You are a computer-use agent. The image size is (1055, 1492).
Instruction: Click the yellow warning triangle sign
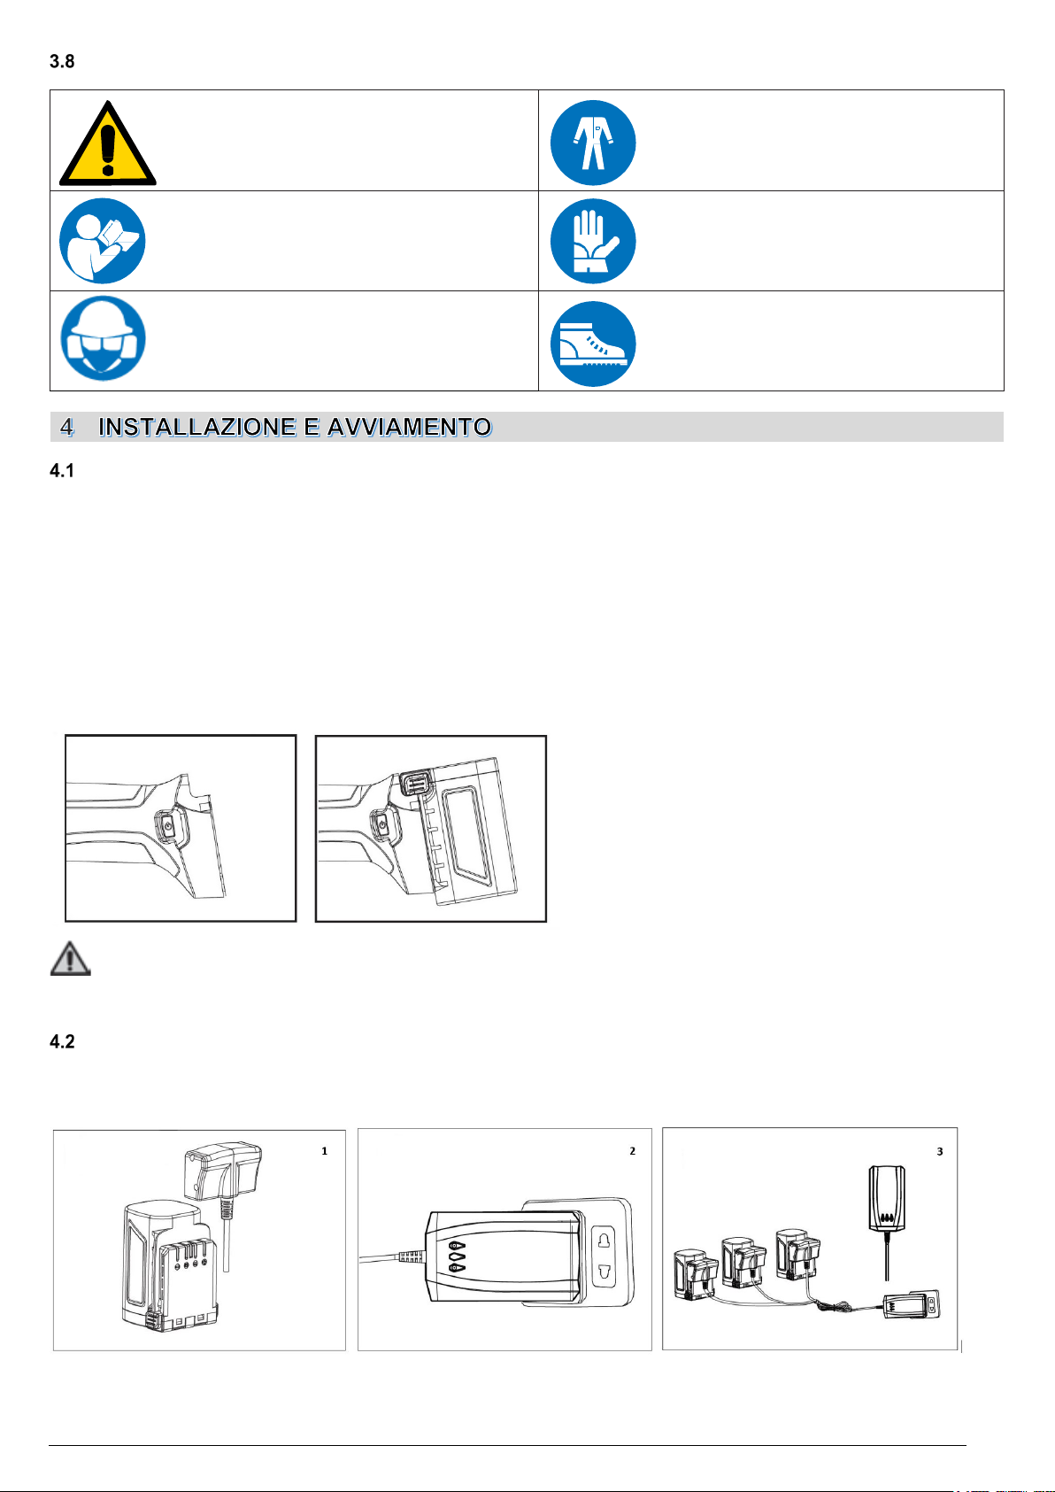click(x=108, y=143)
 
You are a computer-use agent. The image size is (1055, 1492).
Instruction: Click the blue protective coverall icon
click(x=592, y=143)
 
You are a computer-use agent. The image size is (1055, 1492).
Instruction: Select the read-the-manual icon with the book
click(x=103, y=241)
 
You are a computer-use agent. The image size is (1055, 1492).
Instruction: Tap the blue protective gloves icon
click(x=592, y=241)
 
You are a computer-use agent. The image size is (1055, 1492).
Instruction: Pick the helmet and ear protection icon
click(x=103, y=338)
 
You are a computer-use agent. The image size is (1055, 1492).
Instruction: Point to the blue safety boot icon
click(x=592, y=344)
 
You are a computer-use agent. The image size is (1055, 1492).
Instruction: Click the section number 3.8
click(x=62, y=61)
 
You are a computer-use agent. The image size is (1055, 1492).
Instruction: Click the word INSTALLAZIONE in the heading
click(x=197, y=427)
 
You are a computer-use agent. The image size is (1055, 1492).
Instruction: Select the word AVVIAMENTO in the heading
click(x=410, y=427)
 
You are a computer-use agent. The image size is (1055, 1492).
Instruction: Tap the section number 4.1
click(x=62, y=471)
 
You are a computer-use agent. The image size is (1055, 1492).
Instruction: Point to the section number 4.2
click(x=62, y=1041)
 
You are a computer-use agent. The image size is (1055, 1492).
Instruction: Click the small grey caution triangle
click(x=70, y=958)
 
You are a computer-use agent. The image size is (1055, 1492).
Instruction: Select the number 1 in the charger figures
click(x=324, y=1151)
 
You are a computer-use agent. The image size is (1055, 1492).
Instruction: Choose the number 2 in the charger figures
click(x=632, y=1151)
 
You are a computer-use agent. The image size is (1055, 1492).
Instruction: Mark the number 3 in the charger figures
click(x=940, y=1152)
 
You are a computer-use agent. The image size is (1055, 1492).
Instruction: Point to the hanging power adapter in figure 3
click(x=887, y=1198)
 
